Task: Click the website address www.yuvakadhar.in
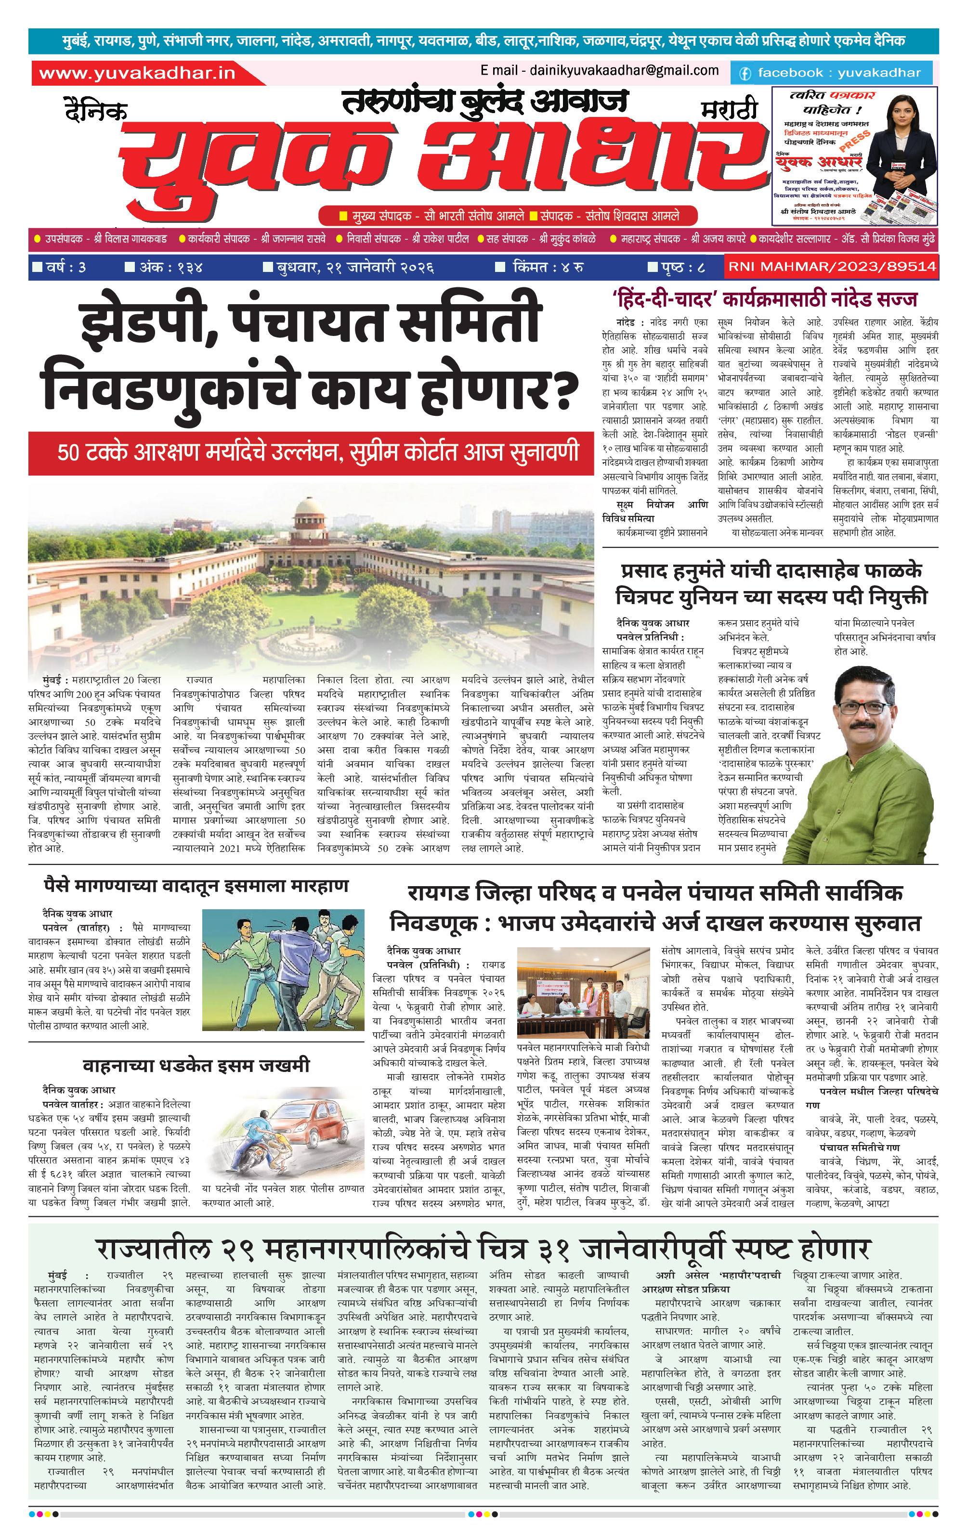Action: pos(137,73)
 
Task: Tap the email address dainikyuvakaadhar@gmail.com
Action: pos(600,71)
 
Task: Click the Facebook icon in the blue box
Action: pos(745,73)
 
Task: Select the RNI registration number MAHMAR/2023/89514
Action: pos(831,267)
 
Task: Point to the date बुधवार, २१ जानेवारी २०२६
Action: pos(354,267)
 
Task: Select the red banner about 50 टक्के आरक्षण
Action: pos(311,452)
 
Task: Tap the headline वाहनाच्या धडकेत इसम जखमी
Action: pos(196,1065)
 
